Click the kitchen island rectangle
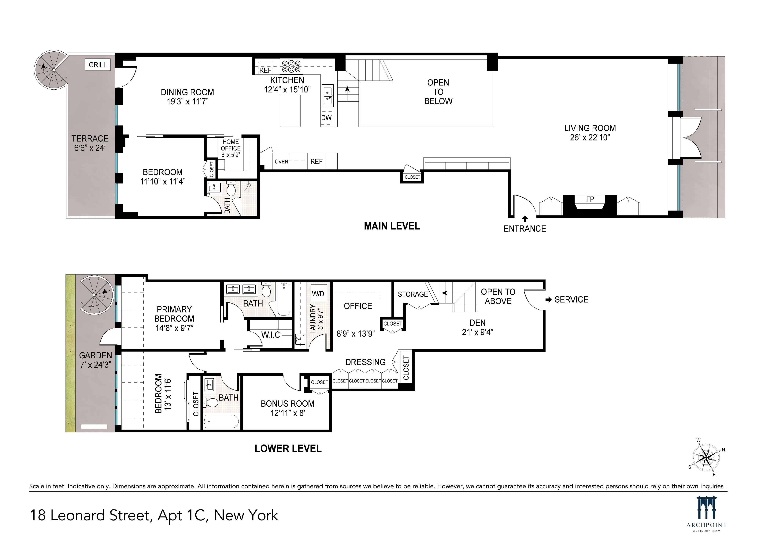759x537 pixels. (x=290, y=111)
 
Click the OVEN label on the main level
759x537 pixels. (x=281, y=162)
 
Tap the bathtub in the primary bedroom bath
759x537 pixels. (x=284, y=299)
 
